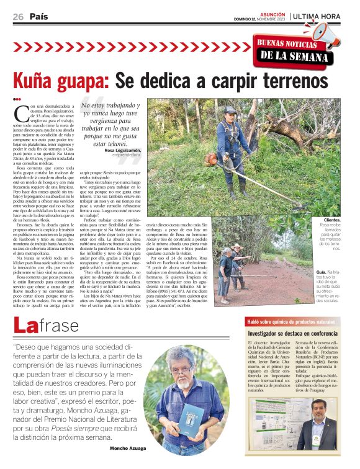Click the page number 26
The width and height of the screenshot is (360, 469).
coord(18,17)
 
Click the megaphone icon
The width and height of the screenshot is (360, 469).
coord(325,34)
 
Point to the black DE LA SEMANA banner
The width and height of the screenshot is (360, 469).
coord(292,55)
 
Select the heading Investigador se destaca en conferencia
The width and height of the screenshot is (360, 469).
coord(290,334)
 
